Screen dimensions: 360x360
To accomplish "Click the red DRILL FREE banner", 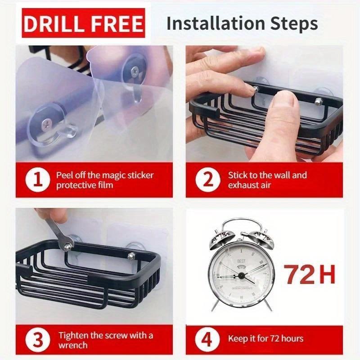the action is (x=83, y=23).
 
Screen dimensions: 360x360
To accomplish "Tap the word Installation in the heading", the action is (x=216, y=23).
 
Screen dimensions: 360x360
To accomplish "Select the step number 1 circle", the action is (x=38, y=180).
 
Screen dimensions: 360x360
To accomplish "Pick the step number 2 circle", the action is (x=207, y=180).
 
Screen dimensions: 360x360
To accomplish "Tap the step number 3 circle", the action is (x=38, y=340).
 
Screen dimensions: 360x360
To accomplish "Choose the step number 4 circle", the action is (x=207, y=340).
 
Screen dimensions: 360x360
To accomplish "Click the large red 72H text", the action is (x=309, y=274).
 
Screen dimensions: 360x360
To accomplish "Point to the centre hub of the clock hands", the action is (x=241, y=275).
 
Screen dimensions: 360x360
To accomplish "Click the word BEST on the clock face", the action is (x=241, y=261).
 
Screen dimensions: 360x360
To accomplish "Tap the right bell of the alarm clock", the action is (x=261, y=240).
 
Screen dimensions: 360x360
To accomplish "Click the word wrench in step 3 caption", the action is (x=73, y=345).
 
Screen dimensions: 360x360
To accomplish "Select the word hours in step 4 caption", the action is (x=292, y=338).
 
